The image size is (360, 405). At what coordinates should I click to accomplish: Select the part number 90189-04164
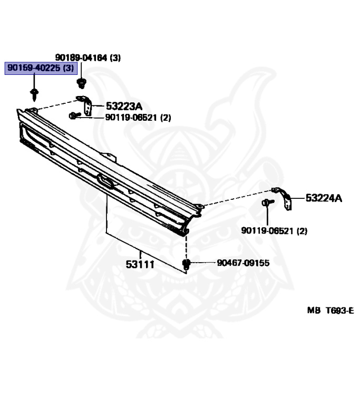[x=81, y=58]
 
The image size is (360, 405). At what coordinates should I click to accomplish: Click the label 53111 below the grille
[x=140, y=264]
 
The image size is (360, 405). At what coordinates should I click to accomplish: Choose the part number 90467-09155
[x=242, y=262]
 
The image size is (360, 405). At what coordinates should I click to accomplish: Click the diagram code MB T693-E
[x=330, y=311]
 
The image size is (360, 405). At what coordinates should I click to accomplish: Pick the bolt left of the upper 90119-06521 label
[x=73, y=115]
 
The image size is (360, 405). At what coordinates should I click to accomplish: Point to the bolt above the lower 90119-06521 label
[x=266, y=202]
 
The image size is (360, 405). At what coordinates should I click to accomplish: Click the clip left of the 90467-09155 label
[x=186, y=263]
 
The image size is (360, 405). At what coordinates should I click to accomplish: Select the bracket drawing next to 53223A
[x=85, y=105]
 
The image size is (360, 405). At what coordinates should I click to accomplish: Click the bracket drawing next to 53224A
[x=284, y=197]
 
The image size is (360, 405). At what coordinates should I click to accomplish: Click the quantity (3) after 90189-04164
[x=115, y=58]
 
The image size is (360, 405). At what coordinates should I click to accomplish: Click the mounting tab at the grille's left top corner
[x=31, y=110]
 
